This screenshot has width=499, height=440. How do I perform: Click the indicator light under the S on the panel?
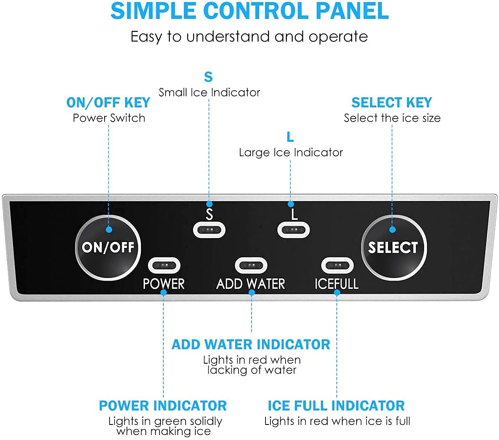209,230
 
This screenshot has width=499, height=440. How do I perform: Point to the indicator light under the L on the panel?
294,230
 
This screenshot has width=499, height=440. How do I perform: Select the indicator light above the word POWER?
164,266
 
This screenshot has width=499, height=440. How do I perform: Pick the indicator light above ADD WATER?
251,266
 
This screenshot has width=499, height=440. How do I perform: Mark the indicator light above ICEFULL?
337,266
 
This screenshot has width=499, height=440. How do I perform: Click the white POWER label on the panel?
164,284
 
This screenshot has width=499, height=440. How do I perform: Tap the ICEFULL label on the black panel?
336,284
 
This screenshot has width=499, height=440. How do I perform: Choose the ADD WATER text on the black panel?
251,284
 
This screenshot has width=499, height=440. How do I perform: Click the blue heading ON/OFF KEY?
108,102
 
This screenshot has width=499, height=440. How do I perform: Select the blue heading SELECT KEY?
391,102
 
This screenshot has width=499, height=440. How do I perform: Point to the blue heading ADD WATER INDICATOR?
251,344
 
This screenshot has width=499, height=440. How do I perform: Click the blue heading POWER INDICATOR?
163,406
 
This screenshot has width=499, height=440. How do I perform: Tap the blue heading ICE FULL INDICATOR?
336,406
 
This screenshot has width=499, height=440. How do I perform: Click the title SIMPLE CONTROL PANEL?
249,11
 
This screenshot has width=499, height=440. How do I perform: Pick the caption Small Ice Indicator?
209,92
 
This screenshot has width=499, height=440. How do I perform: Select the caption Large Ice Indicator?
291,152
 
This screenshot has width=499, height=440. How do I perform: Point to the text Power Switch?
109,118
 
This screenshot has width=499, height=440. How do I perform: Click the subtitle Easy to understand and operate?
249,36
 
